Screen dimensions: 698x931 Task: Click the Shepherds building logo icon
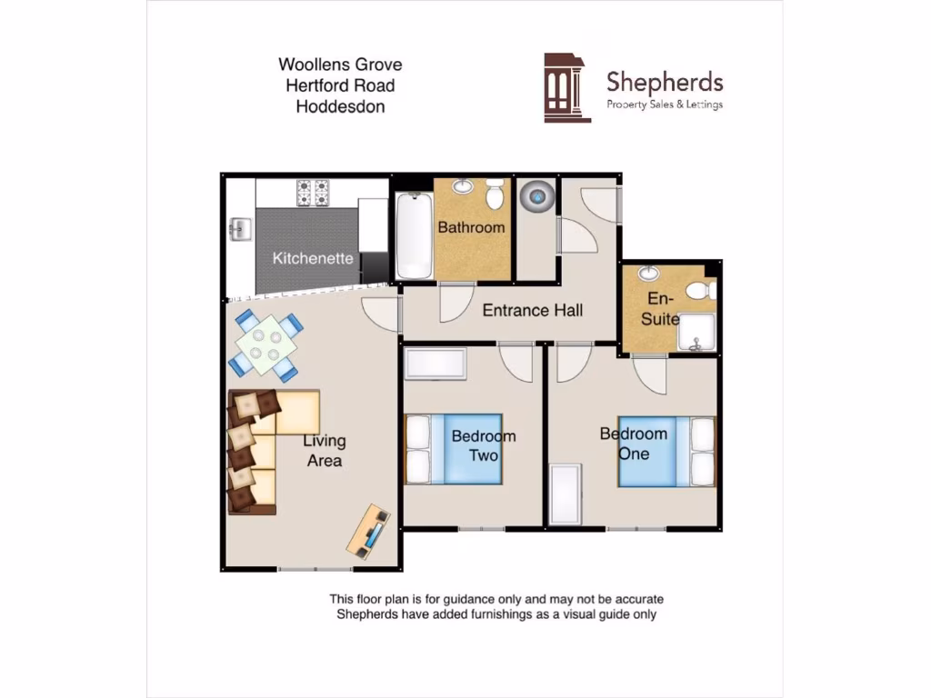[567, 87]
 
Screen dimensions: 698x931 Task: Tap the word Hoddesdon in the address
[340, 106]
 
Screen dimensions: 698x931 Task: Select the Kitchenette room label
[313, 258]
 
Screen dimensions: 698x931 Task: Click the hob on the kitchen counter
[313, 193]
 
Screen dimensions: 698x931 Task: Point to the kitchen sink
[240, 228]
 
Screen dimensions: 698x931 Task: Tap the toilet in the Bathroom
[496, 194]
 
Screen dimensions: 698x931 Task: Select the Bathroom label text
[471, 227]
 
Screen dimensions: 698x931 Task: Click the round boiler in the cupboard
[536, 194]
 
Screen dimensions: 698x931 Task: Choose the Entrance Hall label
[532, 310]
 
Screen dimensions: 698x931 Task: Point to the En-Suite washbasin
[649, 274]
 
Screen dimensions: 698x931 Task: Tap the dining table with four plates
[265, 344]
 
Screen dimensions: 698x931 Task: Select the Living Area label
[325, 451]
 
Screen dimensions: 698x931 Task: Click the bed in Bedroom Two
[453, 448]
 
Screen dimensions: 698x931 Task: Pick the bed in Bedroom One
[667, 451]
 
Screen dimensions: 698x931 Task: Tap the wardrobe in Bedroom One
[566, 494]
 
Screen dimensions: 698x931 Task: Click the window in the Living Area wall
[315, 569]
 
